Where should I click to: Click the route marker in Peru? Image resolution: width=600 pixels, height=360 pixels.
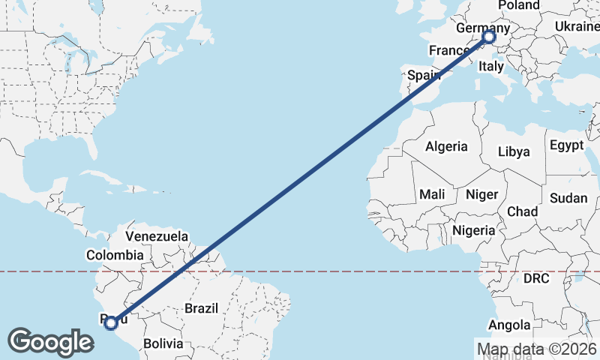pos(111,323)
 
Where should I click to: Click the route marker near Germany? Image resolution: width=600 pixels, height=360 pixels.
pos(489,37)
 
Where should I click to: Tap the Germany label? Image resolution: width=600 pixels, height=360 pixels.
pos(482,28)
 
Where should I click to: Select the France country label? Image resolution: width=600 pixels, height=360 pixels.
pos(448,50)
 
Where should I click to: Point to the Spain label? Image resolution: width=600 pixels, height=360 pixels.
pos(423,75)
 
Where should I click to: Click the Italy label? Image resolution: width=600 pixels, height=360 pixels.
pos(491,67)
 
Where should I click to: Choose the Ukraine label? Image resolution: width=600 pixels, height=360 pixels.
pos(577,26)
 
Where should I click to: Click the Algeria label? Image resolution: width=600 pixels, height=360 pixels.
pos(446,147)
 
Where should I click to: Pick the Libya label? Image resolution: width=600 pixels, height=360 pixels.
pos(514,151)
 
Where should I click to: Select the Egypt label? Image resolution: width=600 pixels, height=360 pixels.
pos(566,145)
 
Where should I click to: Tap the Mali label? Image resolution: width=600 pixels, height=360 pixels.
pos(432,194)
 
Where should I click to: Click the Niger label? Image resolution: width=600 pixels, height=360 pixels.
pos(481,194)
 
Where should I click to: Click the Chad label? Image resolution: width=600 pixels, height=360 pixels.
pos(522,211)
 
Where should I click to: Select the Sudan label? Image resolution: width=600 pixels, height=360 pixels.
pos(569,199)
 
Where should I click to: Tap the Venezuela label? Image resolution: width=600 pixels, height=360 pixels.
pos(157,236)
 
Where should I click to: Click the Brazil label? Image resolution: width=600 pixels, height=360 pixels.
pos(201,307)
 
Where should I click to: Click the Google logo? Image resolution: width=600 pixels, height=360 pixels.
pos(50,342)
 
